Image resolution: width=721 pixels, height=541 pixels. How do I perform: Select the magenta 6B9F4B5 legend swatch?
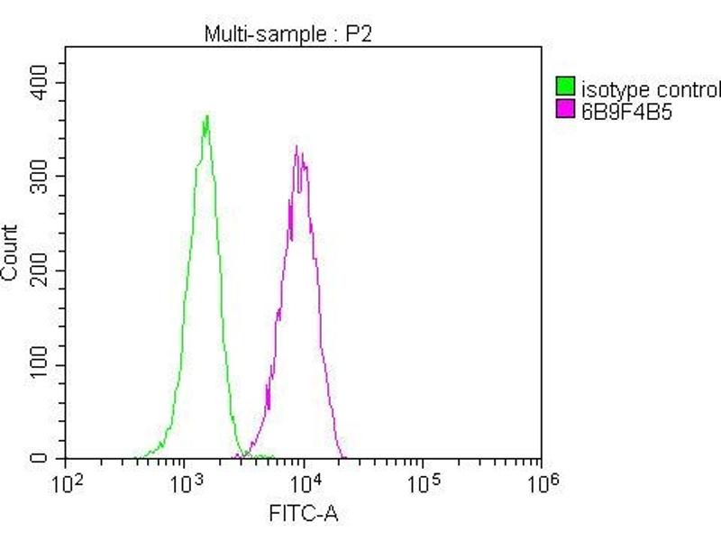click(x=566, y=110)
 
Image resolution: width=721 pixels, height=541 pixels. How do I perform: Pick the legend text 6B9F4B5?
click(x=629, y=111)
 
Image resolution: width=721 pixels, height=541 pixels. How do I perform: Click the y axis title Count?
click(x=11, y=252)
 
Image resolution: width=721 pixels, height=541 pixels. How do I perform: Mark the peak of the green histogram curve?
click(x=207, y=115)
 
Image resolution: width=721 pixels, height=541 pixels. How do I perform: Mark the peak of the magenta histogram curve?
click(x=298, y=146)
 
